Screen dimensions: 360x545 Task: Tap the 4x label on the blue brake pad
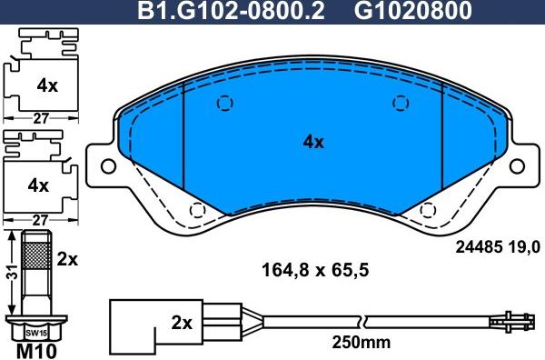312,142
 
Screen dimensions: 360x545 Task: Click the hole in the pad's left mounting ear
107,166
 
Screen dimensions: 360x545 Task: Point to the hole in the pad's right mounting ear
519,166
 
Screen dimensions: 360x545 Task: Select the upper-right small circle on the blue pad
398,103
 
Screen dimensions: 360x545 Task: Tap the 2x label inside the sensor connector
182,323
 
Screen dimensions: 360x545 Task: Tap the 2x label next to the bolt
67,259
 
